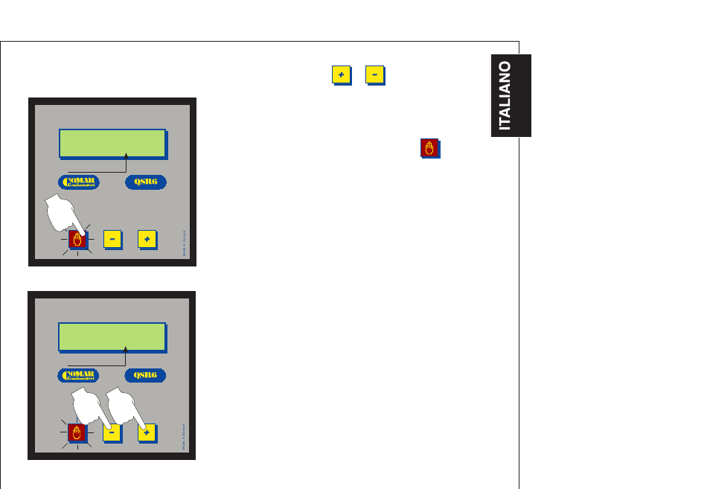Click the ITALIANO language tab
[511, 95]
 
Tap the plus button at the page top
[340, 75]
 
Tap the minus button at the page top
[374, 75]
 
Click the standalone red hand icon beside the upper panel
[429, 148]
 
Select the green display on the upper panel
[112, 143]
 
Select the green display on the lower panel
[112, 336]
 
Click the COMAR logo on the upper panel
[79, 182]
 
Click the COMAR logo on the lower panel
[79, 376]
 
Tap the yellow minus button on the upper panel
[112, 239]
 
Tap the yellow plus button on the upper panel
[147, 239]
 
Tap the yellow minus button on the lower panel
[112, 432]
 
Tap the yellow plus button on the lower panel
[147, 432]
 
